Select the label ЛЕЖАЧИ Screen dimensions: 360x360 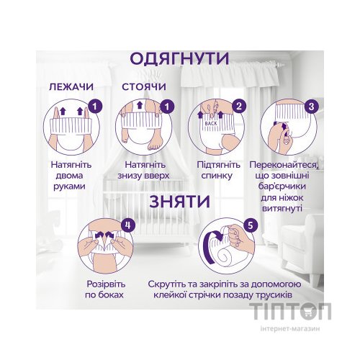click(x=71, y=87)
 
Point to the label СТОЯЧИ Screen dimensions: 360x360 click(x=144, y=87)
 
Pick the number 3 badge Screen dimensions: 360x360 click(x=311, y=108)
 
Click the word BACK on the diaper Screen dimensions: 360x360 click(x=210, y=124)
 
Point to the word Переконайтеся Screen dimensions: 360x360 click(x=286, y=165)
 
